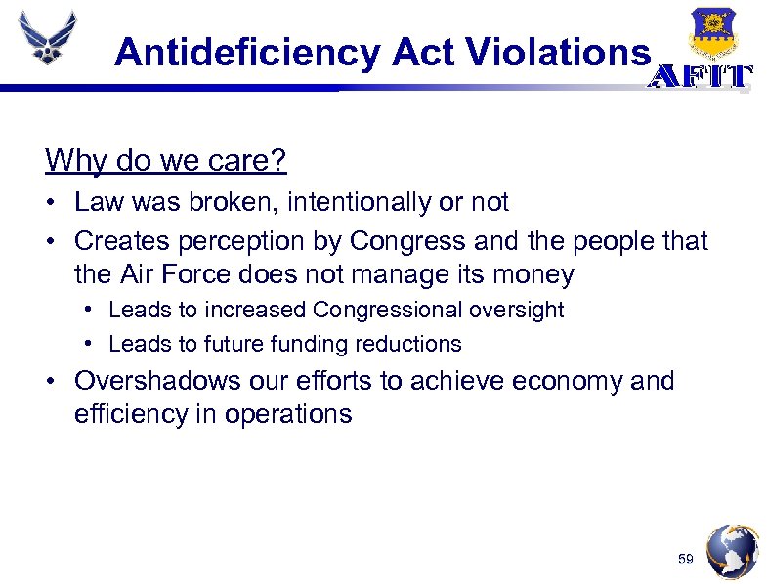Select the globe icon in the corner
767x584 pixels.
pyautogui.click(x=731, y=553)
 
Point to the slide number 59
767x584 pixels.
pyautogui.click(x=686, y=560)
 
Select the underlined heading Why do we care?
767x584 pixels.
pyautogui.click(x=166, y=160)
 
